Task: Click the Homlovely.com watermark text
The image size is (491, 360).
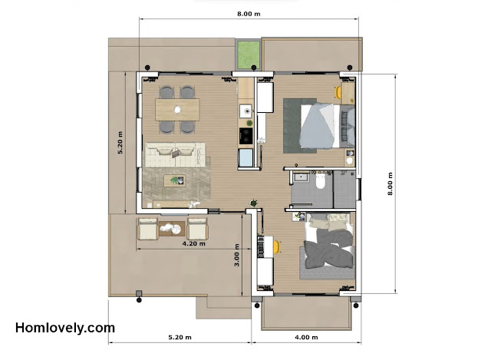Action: point(65,328)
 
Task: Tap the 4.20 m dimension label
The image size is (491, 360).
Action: point(194,243)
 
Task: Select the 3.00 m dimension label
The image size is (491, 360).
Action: point(237,255)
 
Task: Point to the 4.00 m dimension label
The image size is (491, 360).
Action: point(306,337)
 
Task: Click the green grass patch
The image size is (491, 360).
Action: point(249,54)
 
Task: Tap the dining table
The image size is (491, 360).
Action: point(177,110)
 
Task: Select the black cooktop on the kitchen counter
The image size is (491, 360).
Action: point(245,136)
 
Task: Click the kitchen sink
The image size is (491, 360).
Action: point(245,111)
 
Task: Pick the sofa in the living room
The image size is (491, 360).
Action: point(176,155)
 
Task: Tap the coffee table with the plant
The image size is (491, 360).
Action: point(175,180)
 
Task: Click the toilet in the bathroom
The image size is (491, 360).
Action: point(321,181)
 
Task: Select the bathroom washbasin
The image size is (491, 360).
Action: point(300,177)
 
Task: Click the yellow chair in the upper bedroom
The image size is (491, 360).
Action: point(338,92)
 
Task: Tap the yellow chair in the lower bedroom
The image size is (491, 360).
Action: point(277,247)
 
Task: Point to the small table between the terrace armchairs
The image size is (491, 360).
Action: point(172,229)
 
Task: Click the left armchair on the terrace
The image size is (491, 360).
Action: point(148,229)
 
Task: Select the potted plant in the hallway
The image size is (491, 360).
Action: point(254,203)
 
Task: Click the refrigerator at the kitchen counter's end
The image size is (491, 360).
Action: point(245,157)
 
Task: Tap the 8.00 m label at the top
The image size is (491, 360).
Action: point(249,14)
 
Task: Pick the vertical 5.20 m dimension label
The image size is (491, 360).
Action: point(120,143)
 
